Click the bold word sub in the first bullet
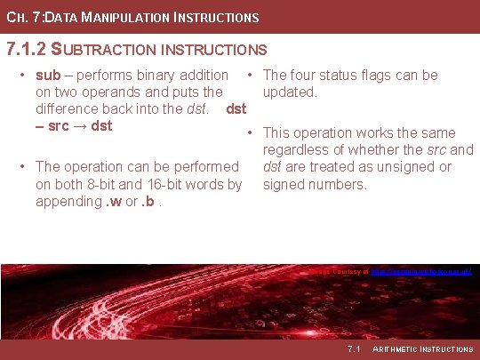49,76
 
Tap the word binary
157,76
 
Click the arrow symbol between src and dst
80,126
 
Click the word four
307,76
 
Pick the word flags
399,76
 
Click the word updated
290,92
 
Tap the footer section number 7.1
354,348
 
